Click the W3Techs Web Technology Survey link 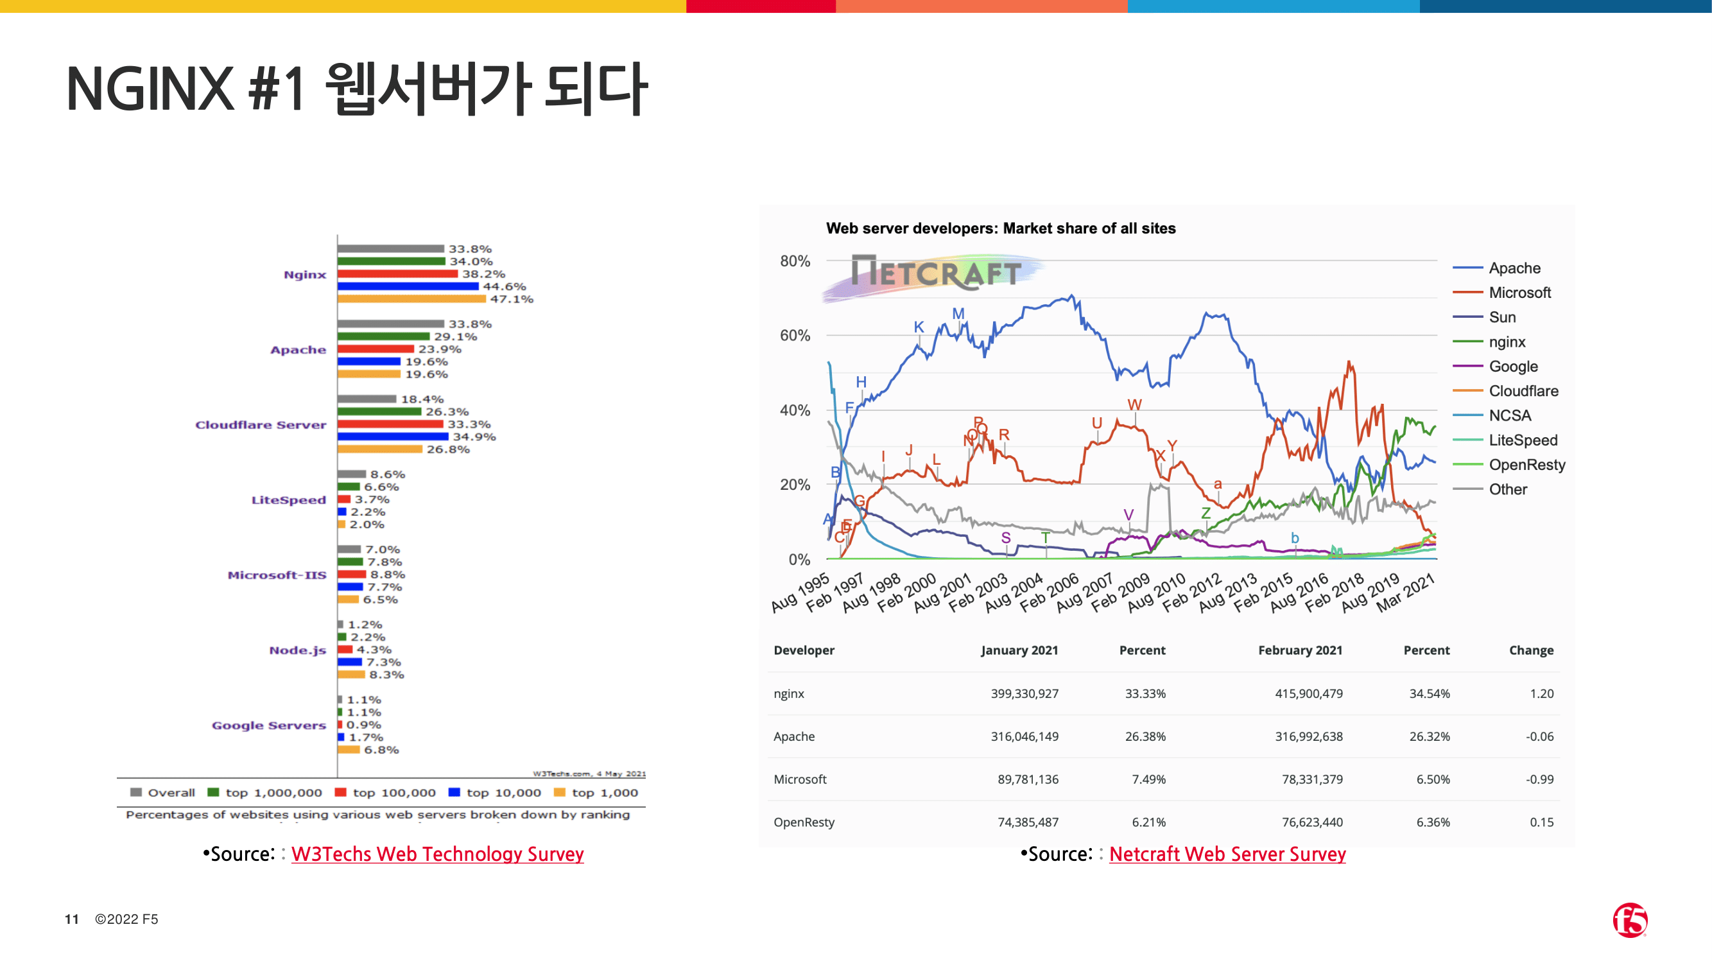(437, 854)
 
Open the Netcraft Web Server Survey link (1227, 854)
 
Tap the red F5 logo (1630, 920)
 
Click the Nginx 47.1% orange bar (411, 299)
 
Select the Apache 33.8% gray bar (390, 324)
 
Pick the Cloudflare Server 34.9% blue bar (392, 437)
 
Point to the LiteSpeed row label (288, 499)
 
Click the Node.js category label (297, 650)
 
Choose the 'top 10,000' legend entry (495, 792)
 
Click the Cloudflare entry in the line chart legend (1523, 391)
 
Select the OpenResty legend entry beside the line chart (1526, 465)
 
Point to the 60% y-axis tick (795, 336)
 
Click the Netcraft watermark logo (935, 273)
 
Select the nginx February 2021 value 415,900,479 (1308, 693)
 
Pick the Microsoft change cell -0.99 (1539, 779)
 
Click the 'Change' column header (1530, 650)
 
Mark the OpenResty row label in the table (804, 822)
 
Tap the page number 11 (72, 919)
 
